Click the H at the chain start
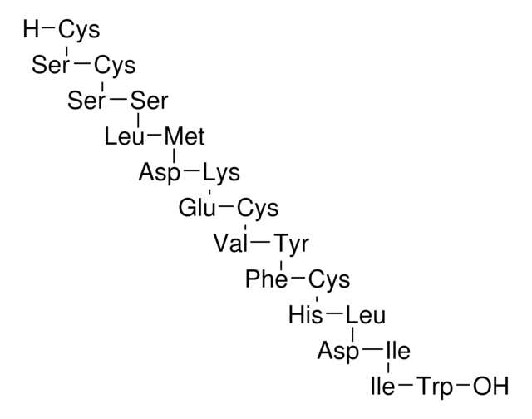(x=32, y=31)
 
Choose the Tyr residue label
(x=291, y=244)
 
